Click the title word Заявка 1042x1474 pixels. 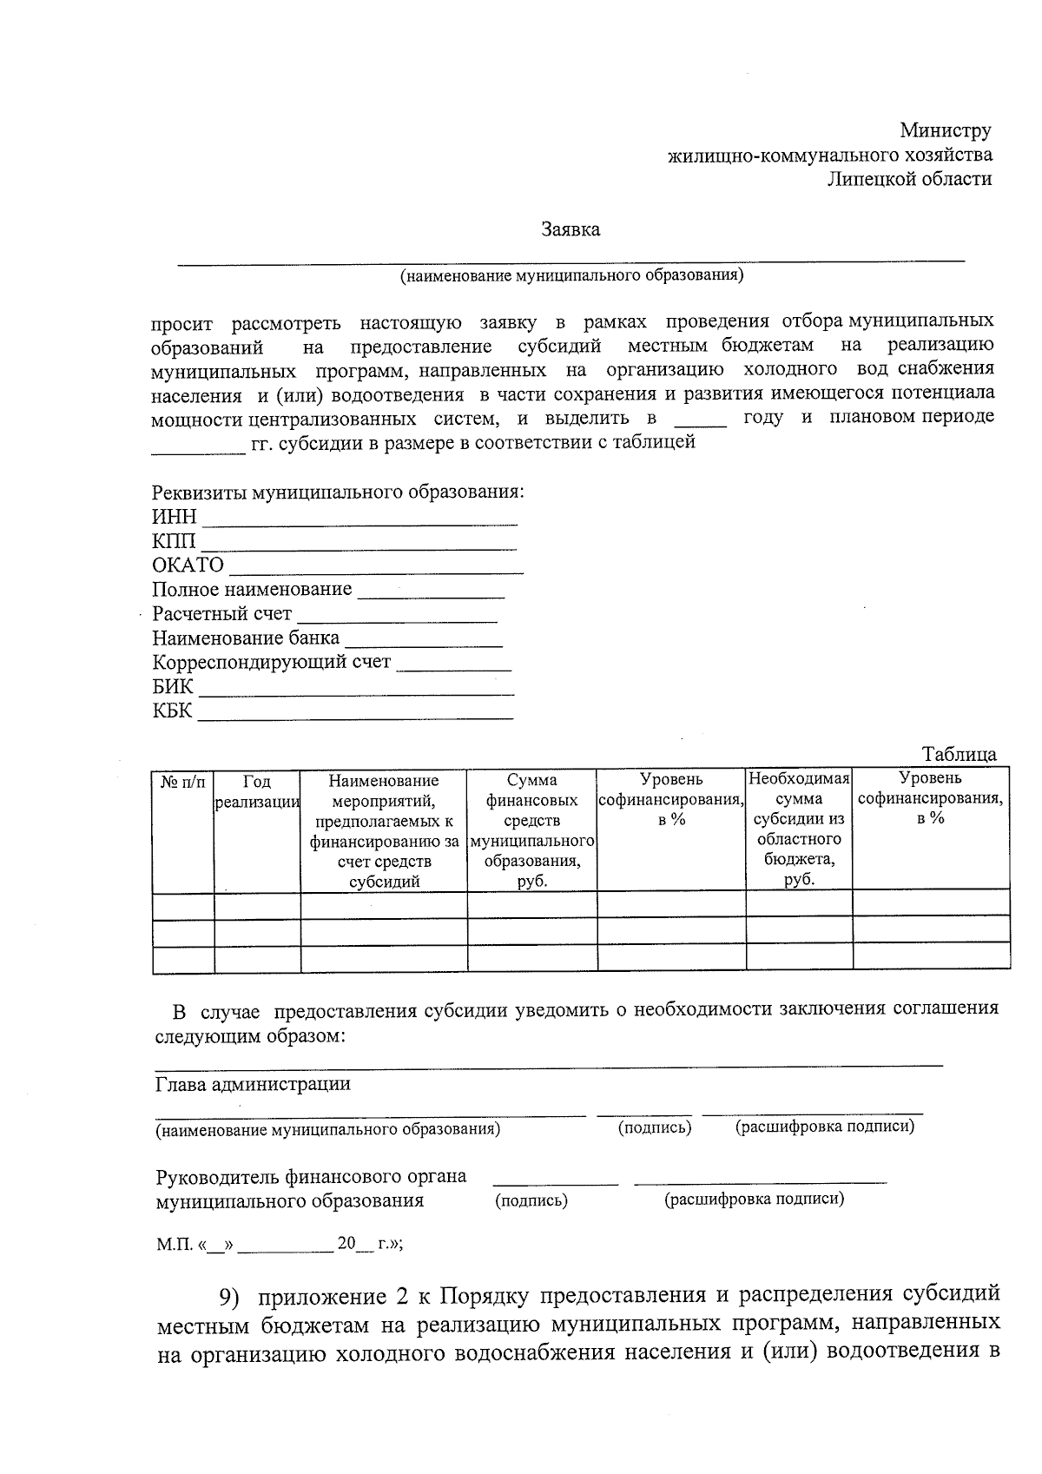click(570, 230)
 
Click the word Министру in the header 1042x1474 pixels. click(945, 131)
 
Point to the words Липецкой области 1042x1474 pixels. click(909, 179)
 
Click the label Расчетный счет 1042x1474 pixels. click(221, 614)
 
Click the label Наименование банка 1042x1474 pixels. click(246, 638)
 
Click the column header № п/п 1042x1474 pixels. click(182, 782)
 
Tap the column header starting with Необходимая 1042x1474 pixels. click(799, 829)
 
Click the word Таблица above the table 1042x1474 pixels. click(959, 754)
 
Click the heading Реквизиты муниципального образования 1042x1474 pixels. click(338, 492)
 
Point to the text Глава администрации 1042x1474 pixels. click(253, 1084)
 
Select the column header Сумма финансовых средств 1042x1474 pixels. click(532, 829)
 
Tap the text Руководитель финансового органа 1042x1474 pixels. click(311, 1177)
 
